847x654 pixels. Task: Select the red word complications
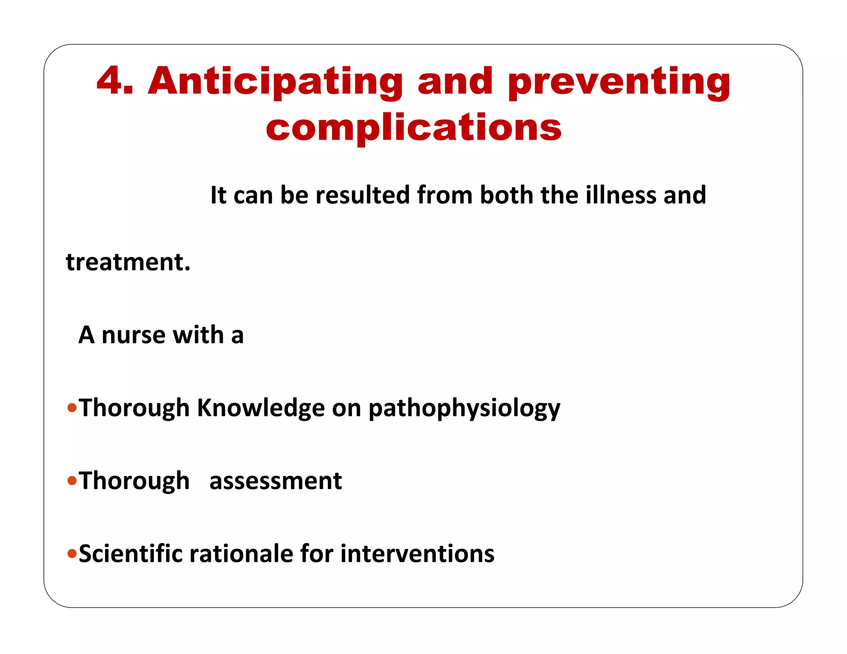point(413,127)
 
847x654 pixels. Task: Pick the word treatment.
point(128,262)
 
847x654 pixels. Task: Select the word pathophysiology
point(464,408)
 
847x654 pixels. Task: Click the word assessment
point(275,481)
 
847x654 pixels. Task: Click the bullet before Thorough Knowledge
point(72,408)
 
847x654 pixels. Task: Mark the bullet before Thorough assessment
point(72,481)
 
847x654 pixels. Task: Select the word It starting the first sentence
point(218,195)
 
